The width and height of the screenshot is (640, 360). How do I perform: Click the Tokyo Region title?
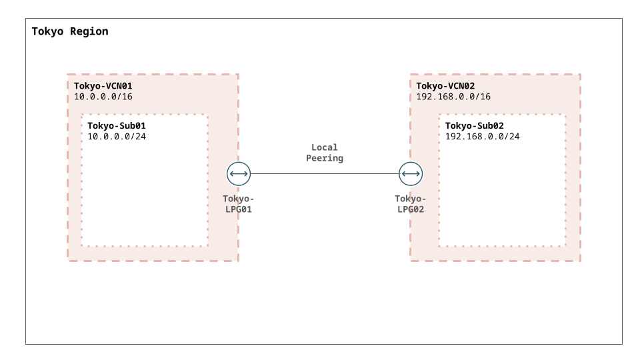point(70,31)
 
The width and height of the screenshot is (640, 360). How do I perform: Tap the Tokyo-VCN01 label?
point(103,86)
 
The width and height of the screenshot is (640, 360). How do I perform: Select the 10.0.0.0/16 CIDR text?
point(103,97)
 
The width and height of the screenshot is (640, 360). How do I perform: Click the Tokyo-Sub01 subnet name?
point(116,126)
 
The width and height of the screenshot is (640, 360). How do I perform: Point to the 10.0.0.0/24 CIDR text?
point(116,136)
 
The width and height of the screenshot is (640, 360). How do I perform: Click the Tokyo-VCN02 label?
point(445,86)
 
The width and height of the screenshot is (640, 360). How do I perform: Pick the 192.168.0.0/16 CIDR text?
point(453,97)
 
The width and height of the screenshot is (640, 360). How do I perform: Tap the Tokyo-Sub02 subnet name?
point(474,126)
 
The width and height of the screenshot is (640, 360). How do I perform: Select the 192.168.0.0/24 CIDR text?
point(483,136)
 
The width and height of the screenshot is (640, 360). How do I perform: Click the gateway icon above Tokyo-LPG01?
point(239,174)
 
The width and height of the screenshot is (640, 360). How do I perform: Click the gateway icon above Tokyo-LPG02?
point(411,174)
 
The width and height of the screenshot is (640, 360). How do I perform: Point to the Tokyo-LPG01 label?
point(239,204)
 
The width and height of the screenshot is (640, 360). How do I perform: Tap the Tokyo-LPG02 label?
point(411,204)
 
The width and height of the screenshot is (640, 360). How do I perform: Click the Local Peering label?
point(325,153)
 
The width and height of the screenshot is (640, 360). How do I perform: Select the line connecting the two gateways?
point(325,174)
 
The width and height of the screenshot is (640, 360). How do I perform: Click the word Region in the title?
point(89,31)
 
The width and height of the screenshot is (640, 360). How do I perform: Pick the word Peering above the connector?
point(325,159)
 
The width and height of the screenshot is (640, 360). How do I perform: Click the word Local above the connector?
point(325,147)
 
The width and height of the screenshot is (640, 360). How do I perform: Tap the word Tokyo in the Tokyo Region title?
point(47,31)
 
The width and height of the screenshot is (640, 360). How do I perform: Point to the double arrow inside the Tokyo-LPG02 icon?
point(411,174)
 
